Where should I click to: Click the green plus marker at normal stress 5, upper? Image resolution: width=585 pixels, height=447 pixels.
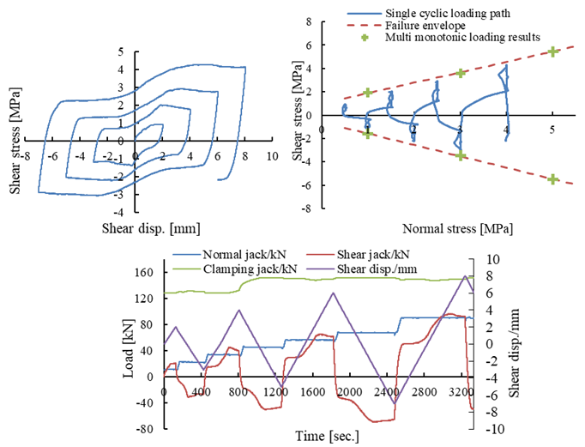click(x=552, y=51)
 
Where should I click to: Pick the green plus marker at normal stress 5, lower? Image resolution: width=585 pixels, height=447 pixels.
click(x=552, y=179)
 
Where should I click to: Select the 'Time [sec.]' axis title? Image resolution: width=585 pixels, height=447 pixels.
click(x=319, y=435)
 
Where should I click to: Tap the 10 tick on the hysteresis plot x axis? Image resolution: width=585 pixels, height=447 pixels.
click(x=272, y=157)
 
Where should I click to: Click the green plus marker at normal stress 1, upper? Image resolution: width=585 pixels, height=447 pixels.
click(x=368, y=93)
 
